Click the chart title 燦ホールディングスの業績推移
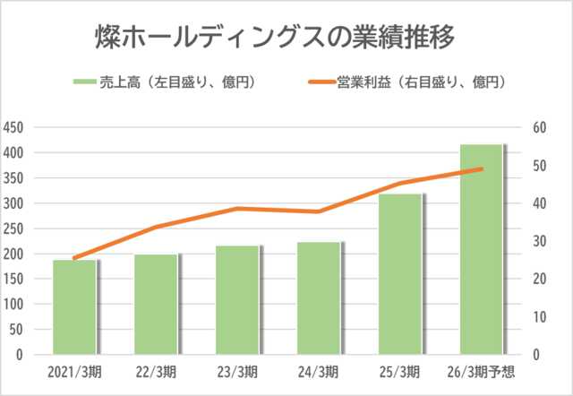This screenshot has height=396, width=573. pyautogui.click(x=275, y=37)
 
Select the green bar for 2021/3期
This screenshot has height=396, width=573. pyautogui.click(x=74, y=306)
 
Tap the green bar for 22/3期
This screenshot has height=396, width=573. pyautogui.click(x=156, y=304)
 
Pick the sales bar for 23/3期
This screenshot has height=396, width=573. pyautogui.click(x=237, y=299)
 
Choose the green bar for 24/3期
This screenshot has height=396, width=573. pyautogui.click(x=319, y=297)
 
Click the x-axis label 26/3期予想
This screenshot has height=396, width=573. pyautogui.click(x=484, y=371)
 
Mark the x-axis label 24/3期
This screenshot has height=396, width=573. pyautogui.click(x=320, y=371)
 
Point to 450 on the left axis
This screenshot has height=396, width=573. pyautogui.click(x=15, y=127)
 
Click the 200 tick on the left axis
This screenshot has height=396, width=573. pyautogui.click(x=15, y=254)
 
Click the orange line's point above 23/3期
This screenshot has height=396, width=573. pyautogui.click(x=237, y=209)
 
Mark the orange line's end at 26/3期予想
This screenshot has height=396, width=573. pyautogui.click(x=482, y=168)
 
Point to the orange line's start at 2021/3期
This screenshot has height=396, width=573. pyautogui.click(x=74, y=258)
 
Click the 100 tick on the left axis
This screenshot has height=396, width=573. pyautogui.click(x=15, y=304)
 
